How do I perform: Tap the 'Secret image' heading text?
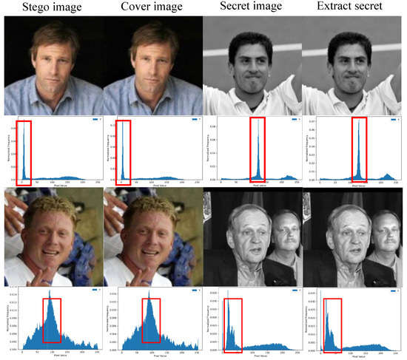(252, 8)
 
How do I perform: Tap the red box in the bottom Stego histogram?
(52, 320)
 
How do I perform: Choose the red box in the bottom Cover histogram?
(151, 320)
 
